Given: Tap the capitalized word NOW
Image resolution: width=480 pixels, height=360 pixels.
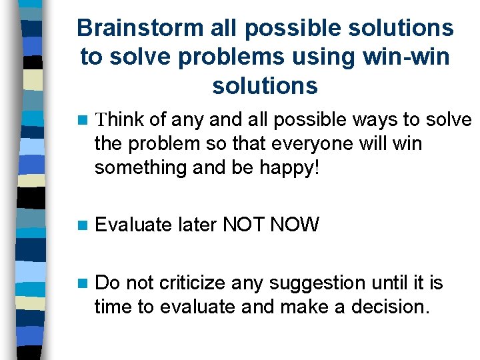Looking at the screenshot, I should (295, 225).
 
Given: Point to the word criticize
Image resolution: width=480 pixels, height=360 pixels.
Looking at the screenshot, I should (193, 283).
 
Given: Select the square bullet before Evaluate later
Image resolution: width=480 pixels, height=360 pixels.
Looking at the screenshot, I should (82, 225).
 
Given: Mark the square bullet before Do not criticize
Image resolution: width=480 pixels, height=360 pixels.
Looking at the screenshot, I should (82, 283).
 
